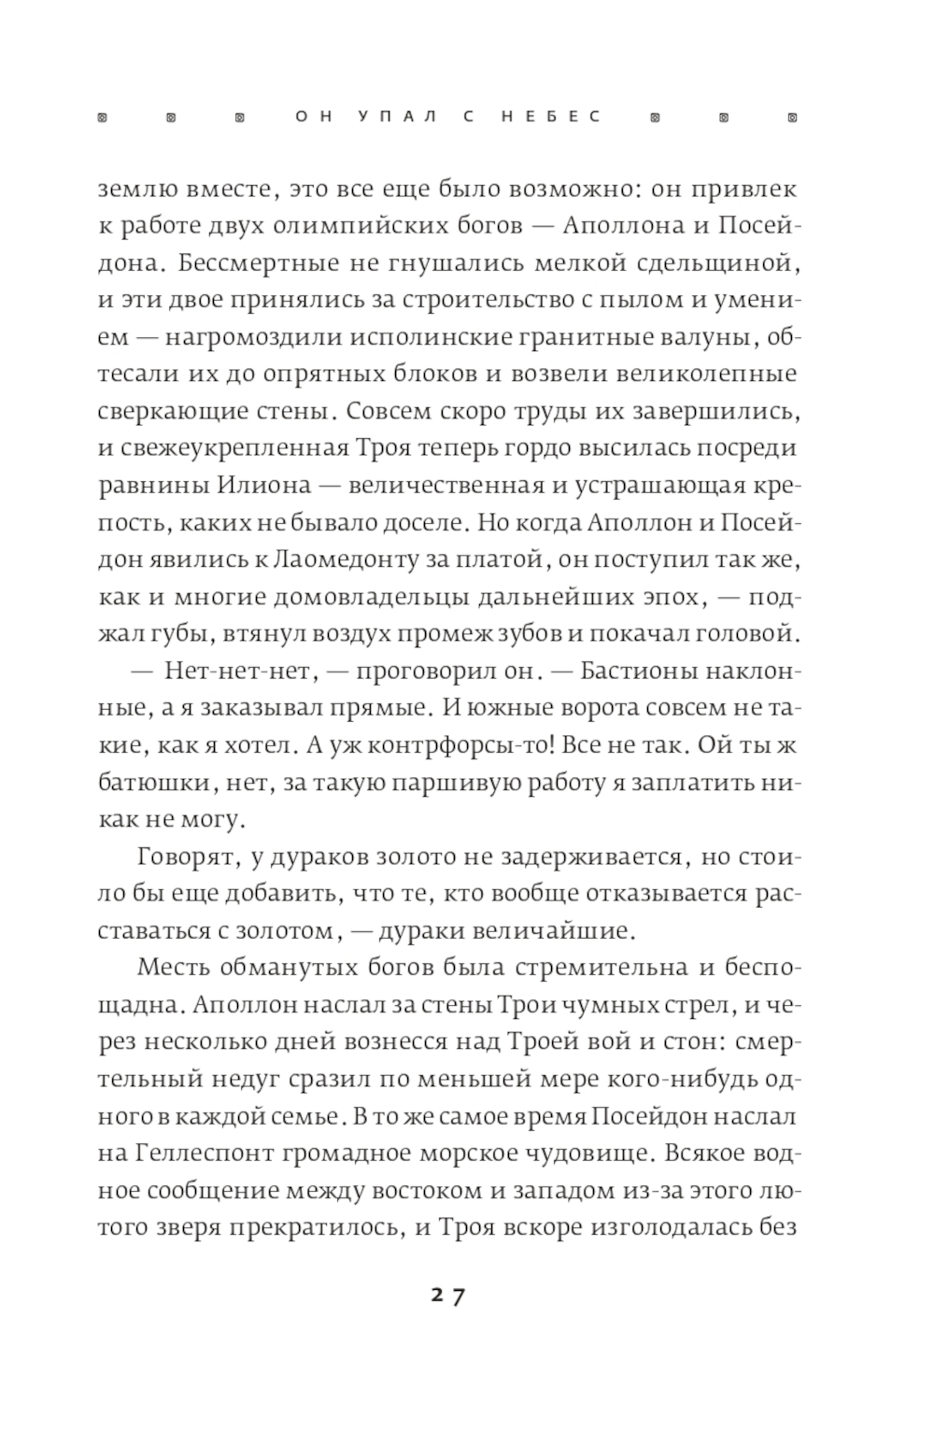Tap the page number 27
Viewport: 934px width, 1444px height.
(x=448, y=1295)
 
